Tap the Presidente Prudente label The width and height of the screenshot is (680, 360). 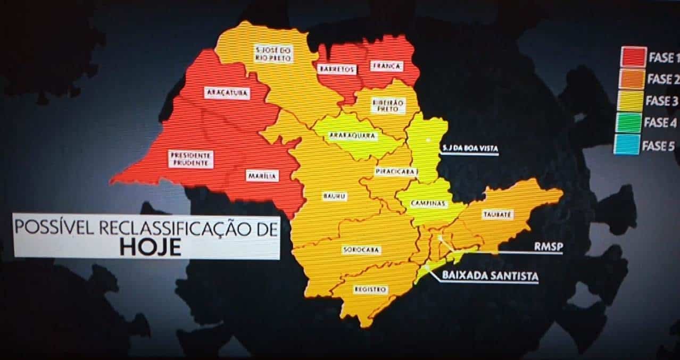point(190,159)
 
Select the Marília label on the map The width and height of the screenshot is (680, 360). point(262,176)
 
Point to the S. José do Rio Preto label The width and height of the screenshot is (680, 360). point(272,54)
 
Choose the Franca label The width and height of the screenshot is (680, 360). point(387,66)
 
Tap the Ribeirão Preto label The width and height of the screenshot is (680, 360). point(387,105)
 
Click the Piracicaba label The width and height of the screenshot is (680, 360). point(395,172)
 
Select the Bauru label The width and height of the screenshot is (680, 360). point(335,196)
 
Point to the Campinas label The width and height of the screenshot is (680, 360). point(429,204)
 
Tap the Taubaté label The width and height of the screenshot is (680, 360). point(497,215)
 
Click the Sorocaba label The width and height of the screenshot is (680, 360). point(361,249)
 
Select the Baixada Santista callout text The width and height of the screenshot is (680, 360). point(490,276)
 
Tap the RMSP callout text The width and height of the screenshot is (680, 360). point(548,246)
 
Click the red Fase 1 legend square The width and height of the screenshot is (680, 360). point(633,56)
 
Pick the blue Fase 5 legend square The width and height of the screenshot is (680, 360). point(627,145)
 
